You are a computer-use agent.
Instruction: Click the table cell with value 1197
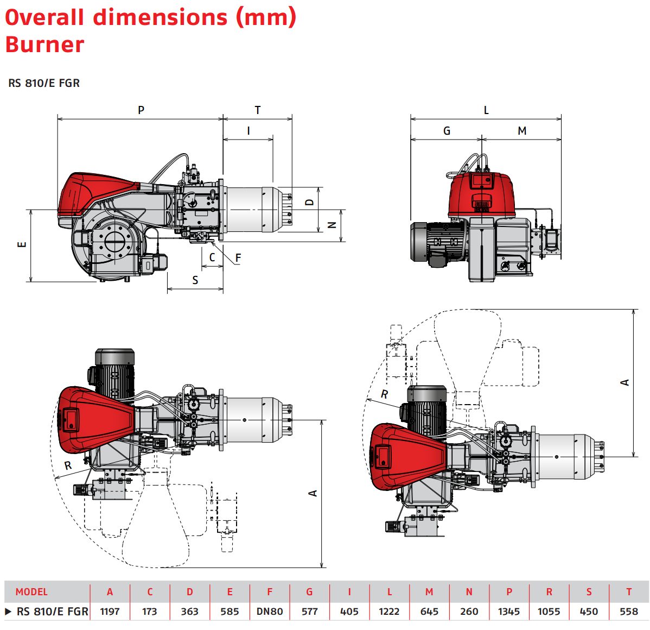point(110,612)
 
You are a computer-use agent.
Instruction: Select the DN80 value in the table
point(270,612)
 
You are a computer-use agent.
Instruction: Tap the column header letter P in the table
point(509,592)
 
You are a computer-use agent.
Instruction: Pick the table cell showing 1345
point(509,612)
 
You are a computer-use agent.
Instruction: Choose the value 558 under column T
point(629,612)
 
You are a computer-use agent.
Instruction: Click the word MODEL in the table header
point(31,592)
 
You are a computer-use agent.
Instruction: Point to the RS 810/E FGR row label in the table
point(52,612)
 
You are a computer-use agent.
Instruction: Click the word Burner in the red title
point(45,45)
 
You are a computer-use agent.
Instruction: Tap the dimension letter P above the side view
point(141,110)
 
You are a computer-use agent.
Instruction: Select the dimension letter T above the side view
point(258,110)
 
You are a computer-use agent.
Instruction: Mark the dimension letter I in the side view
point(248,131)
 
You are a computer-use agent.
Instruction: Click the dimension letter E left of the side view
point(22,244)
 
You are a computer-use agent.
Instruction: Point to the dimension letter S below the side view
point(195,280)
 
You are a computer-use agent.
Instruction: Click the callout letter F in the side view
point(238,258)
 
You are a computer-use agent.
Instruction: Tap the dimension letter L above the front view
point(486,110)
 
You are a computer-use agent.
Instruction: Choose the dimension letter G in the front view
point(447,131)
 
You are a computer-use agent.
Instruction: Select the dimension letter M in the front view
point(522,131)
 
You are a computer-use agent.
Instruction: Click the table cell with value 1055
point(549,612)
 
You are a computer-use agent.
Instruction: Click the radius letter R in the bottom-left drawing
point(68,465)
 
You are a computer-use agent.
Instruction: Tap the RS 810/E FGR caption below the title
point(44,83)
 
